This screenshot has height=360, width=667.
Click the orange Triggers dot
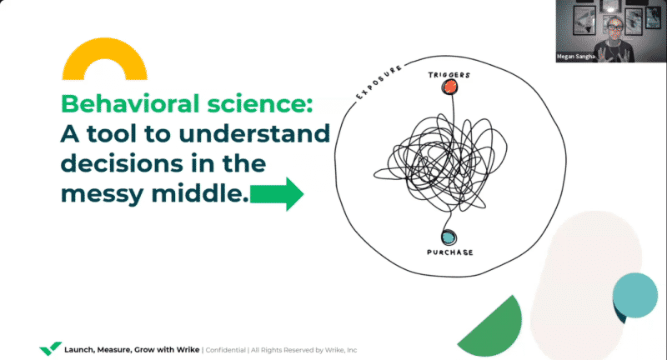coord(449,87)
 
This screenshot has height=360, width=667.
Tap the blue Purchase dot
coord(448,237)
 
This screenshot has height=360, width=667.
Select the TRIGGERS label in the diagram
coord(449,75)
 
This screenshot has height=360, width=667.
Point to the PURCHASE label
coord(450,252)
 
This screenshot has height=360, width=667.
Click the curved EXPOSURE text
coord(379,82)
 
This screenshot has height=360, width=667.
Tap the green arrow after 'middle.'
coord(277,194)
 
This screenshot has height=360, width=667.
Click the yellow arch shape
coord(105,59)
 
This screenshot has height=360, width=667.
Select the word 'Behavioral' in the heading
coord(130,103)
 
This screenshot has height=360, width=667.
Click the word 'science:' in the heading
coord(260,103)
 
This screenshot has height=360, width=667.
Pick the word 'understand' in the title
coord(254,133)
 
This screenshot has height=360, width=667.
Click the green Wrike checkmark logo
coord(50,348)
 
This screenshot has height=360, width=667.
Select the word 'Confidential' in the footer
coord(225,350)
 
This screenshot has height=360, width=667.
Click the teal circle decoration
coord(634,295)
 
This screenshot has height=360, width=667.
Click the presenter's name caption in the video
coord(575,57)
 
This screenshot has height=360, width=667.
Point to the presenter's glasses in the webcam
coord(614,27)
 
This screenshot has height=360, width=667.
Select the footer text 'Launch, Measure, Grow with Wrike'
coord(132,350)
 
